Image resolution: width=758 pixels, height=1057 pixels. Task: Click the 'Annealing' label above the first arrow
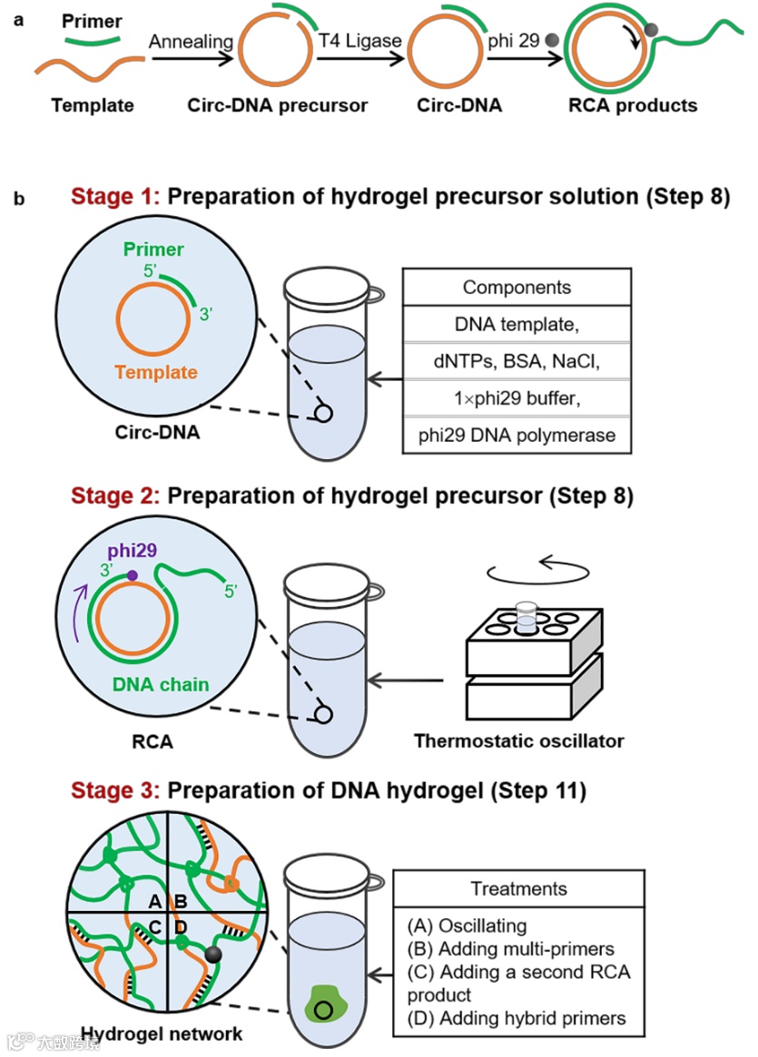[x=192, y=42]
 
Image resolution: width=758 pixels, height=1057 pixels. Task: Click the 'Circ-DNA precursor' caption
[x=278, y=105]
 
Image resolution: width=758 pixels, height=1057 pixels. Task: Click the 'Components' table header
[x=517, y=288]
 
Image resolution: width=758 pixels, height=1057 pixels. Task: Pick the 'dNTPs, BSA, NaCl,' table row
[x=517, y=362]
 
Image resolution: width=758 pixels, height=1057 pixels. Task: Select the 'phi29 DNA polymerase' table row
[x=517, y=436]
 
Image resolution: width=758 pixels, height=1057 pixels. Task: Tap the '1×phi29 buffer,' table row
[x=517, y=398]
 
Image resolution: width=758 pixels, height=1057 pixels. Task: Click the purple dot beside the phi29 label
[x=133, y=575]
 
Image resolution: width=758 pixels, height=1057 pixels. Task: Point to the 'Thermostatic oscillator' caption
[x=519, y=741]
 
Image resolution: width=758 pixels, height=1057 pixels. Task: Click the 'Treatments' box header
[x=519, y=889]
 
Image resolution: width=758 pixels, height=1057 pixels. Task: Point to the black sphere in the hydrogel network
[x=214, y=954]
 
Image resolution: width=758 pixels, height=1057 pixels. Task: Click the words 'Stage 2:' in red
[x=115, y=496]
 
